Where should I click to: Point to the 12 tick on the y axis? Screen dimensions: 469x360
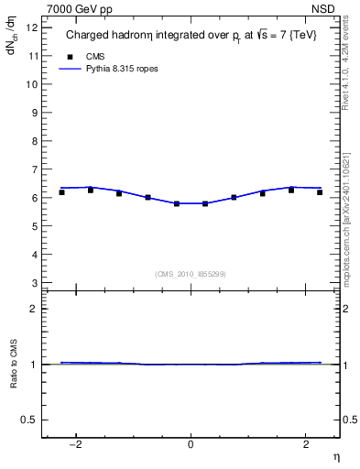[34, 27]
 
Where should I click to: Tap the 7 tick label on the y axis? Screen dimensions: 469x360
[34, 169]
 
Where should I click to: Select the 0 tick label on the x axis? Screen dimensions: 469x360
[191, 444]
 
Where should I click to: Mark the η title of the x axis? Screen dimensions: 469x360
[334, 457]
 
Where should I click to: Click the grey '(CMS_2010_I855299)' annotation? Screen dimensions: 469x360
[191, 274]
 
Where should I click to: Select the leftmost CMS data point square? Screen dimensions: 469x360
[61, 192]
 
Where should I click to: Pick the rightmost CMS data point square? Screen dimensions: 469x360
[320, 192]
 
